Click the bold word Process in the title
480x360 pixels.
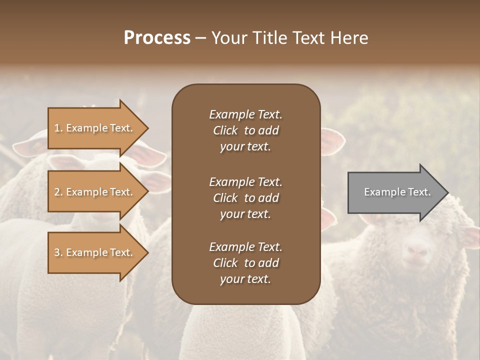pos(157,38)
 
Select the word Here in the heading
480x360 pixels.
pos(348,38)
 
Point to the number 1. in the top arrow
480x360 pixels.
pos(58,128)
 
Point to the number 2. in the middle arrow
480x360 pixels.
pos(58,192)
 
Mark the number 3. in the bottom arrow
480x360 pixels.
pos(58,252)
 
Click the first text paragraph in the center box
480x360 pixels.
pos(245,130)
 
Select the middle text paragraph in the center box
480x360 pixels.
pos(245,198)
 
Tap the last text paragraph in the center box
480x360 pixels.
pos(245,263)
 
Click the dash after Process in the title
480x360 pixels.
pos(201,38)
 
